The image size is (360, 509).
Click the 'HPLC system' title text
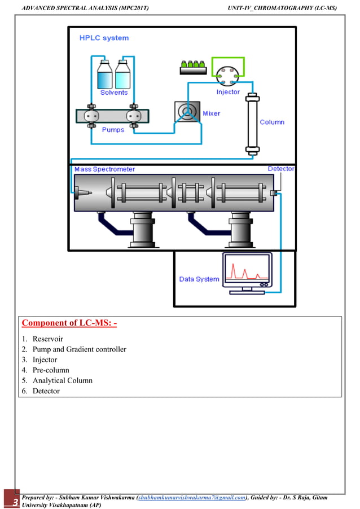pos(104,38)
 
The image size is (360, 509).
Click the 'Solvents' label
pos(114,93)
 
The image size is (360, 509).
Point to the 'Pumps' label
pos(113,130)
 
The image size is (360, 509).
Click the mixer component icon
pos(186,113)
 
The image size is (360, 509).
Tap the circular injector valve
pos(227,72)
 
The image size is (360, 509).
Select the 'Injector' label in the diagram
pos(228,92)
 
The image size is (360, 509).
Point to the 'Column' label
pos(272,122)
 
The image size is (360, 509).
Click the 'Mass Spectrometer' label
pos(104,169)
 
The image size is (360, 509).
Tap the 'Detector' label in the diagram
pos(280,169)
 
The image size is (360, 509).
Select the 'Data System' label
pos(199,279)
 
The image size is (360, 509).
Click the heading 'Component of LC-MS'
pos(69,323)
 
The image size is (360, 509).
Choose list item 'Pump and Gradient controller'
pos(79,349)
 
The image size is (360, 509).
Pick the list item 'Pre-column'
pos(51,370)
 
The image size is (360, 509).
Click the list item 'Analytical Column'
pos(62,380)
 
